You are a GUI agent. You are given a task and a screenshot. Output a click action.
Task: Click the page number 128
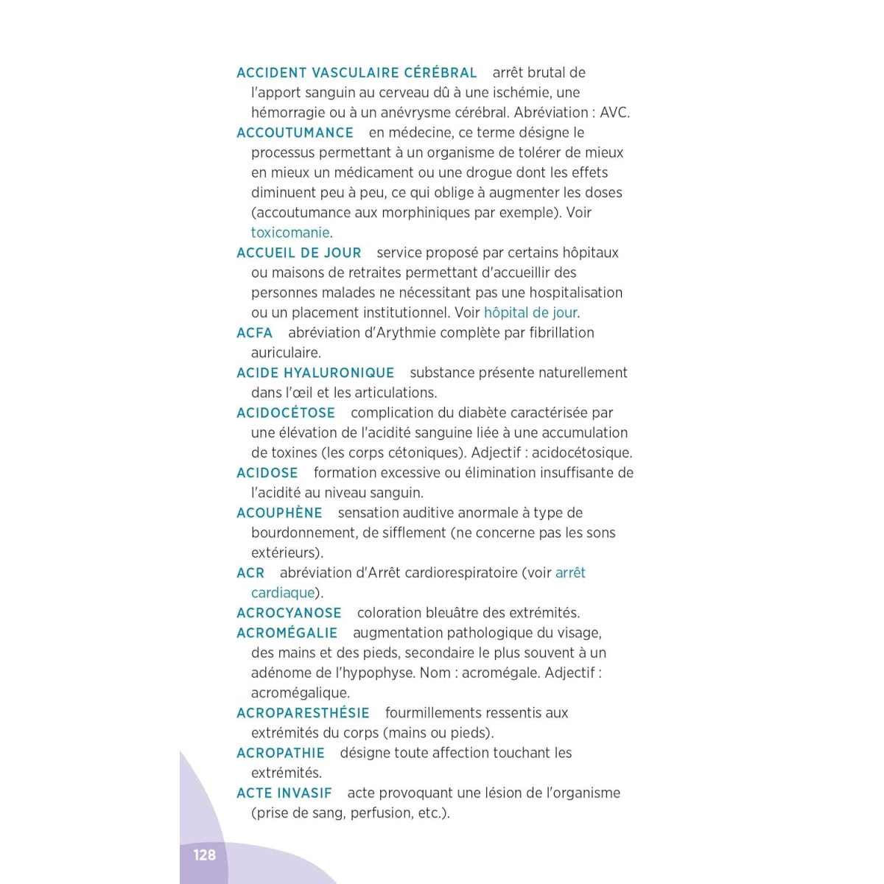[x=204, y=855]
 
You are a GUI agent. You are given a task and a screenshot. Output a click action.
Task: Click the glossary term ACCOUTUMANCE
[x=295, y=133]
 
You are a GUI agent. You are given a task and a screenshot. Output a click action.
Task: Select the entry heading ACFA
[x=254, y=333]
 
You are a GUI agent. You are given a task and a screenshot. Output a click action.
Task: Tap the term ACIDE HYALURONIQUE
[x=315, y=373]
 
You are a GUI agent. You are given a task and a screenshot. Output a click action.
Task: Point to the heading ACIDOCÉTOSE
[x=286, y=413]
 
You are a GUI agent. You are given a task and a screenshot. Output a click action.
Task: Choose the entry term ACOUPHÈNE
[x=279, y=513]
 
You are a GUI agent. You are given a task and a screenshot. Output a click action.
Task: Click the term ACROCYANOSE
[x=289, y=613]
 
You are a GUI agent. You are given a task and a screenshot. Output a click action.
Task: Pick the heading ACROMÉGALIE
[x=287, y=633]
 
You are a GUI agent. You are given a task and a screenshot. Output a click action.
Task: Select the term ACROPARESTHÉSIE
[x=303, y=713]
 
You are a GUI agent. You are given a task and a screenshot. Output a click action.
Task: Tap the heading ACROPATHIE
[x=280, y=753]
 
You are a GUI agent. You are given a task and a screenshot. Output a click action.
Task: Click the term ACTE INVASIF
[x=284, y=793]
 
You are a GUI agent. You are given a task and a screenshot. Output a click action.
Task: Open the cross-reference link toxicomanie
[x=290, y=233]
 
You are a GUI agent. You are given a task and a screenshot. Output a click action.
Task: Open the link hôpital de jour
[x=530, y=312]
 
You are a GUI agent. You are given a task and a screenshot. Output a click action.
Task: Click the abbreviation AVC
[x=614, y=113]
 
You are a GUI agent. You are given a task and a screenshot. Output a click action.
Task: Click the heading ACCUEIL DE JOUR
[x=298, y=253]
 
